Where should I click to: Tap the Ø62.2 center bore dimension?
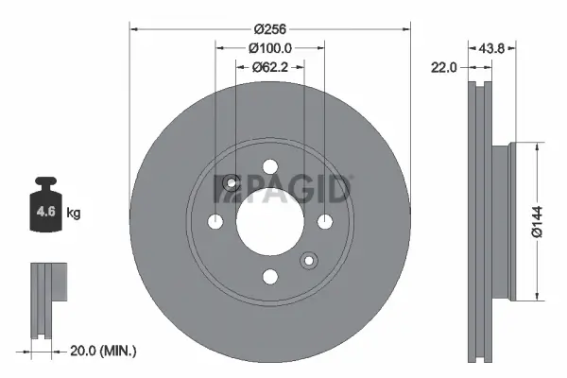(270, 67)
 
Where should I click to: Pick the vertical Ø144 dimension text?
(537, 219)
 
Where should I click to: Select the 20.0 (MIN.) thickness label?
(104, 351)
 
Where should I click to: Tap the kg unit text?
(75, 214)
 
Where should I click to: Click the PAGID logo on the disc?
(283, 188)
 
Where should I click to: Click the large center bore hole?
(269, 221)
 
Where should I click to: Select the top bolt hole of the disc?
(270, 167)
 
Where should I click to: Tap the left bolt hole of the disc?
(215, 222)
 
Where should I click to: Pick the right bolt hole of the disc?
(325, 222)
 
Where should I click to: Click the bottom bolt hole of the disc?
(270, 276)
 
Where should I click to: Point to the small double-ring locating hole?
(308, 261)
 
